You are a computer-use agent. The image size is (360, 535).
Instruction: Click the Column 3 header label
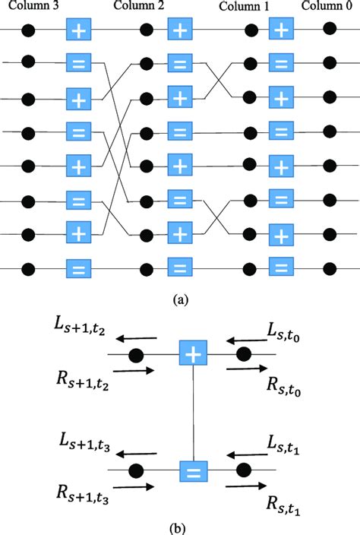(x=30, y=7)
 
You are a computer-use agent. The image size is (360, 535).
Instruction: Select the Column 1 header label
(x=245, y=8)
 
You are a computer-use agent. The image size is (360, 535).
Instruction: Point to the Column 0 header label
(x=327, y=7)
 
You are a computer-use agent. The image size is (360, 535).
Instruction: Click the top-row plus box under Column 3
(x=78, y=31)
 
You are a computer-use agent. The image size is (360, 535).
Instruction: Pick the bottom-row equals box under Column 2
(x=179, y=267)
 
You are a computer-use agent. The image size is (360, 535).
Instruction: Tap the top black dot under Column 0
(x=329, y=31)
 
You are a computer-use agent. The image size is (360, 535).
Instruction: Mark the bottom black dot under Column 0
(x=329, y=267)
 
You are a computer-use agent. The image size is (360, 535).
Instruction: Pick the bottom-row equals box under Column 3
(x=78, y=267)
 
